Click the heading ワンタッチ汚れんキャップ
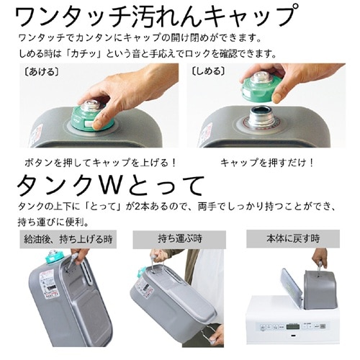[156, 16]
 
